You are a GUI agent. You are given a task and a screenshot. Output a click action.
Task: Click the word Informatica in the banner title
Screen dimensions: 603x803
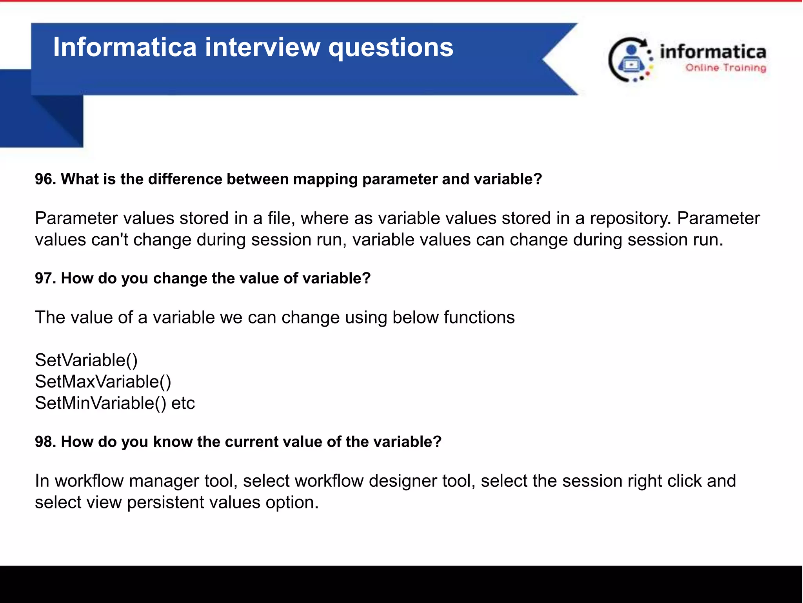[x=125, y=47]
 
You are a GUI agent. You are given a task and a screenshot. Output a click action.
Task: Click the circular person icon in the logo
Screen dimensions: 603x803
[x=630, y=60]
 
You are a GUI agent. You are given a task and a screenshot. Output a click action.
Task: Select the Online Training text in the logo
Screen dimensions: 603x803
[x=725, y=68]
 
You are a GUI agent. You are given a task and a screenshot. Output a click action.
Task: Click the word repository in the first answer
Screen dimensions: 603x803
[x=630, y=218]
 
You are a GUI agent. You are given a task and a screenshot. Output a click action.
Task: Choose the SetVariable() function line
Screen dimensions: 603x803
[x=86, y=360]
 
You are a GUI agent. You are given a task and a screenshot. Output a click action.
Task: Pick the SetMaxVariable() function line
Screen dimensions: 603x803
[x=103, y=382]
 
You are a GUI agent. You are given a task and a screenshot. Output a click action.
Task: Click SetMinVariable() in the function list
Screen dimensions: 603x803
[x=100, y=403]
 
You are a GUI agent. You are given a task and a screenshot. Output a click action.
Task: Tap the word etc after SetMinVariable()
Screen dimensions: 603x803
[x=183, y=403]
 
